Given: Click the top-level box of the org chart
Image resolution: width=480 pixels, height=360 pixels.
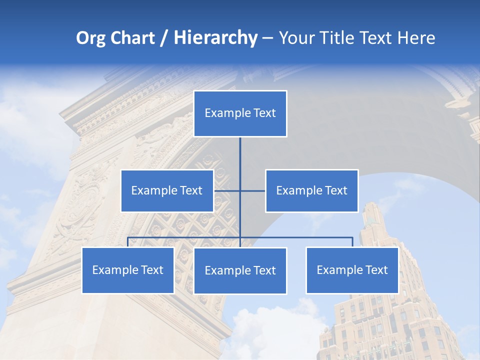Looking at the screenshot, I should point(240,113).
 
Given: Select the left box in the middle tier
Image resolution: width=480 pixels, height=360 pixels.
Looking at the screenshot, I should point(167,190).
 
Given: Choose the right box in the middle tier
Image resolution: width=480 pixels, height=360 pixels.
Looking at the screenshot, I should point(311,190).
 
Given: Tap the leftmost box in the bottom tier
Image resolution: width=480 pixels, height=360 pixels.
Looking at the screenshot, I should point(128,270).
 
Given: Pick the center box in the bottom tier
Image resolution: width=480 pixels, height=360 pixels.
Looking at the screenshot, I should point(240,270).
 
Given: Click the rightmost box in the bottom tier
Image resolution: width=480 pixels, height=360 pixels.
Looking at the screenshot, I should point(352,270).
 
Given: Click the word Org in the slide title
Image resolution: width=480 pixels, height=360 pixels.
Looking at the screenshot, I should point(90,38).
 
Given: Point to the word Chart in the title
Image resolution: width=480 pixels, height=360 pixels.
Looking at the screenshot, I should point(132,38).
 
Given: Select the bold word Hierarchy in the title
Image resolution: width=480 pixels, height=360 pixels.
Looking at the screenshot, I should point(215,38).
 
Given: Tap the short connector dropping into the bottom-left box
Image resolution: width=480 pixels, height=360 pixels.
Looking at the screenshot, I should point(128,242).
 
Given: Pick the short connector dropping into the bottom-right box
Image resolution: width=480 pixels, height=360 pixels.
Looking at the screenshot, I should point(352,242).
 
